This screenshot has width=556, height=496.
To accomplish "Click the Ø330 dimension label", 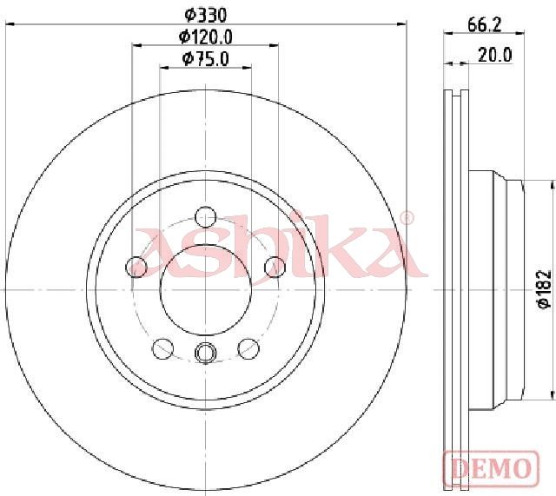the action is tap(205, 15).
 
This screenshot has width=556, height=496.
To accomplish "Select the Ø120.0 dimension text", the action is tap(205, 36).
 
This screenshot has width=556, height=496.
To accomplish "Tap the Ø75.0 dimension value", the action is tap(205, 59).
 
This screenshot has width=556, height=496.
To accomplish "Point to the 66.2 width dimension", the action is tap(484, 25).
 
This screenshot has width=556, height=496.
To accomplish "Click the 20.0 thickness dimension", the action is tap(494, 55).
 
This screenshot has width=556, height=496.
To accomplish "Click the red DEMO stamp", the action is tap(491, 468).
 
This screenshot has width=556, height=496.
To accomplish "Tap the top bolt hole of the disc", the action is tap(206, 216).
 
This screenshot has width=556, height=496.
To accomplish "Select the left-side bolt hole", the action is tap(136, 267).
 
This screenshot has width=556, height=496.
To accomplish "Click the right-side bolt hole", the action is tap(275, 267).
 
